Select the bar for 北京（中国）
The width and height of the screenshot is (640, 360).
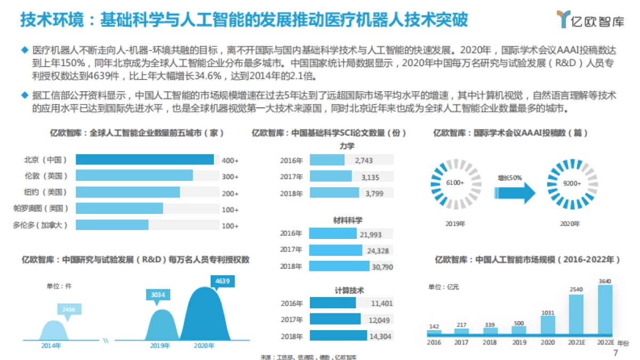click(x=145, y=159)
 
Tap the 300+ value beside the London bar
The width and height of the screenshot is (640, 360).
click(x=230, y=177)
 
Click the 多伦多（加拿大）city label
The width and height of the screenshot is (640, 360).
click(x=41, y=225)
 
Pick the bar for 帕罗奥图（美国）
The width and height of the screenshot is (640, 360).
click(x=119, y=209)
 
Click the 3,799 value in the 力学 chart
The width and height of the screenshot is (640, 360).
click(x=374, y=194)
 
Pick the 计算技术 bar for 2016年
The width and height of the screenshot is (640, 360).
click(x=332, y=303)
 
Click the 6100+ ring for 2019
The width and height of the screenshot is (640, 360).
click(x=455, y=182)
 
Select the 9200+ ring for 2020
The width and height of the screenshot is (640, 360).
click(x=573, y=182)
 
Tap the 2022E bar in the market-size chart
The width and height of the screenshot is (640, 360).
click(x=605, y=310)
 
